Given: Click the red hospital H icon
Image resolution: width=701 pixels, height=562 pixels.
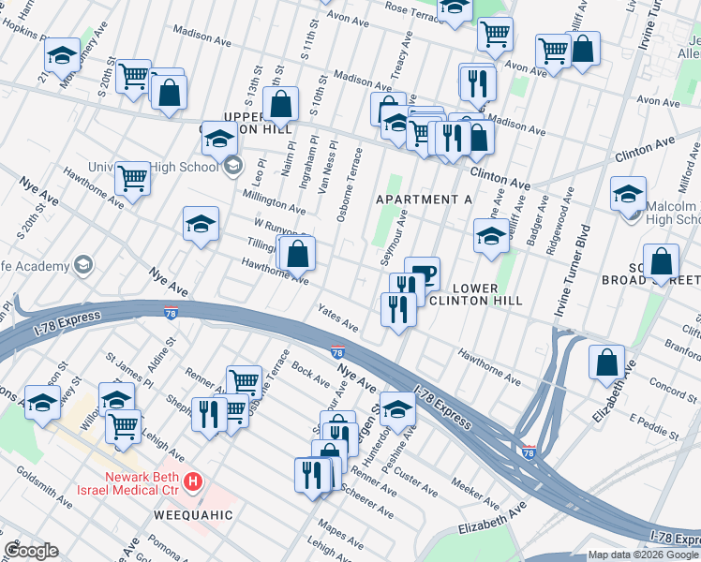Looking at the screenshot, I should point(193,482).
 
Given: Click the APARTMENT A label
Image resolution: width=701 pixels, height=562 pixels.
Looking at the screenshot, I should point(424,200).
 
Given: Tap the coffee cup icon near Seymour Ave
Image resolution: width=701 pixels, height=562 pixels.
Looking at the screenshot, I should point(422,273).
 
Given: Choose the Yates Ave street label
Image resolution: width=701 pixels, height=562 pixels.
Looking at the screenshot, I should point(337,318).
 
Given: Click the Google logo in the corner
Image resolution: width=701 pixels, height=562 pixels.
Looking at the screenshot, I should point(31,551).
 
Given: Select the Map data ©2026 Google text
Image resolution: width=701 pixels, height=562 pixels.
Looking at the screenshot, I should point(644,555).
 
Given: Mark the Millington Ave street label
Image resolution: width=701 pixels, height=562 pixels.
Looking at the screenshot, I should point(274,200).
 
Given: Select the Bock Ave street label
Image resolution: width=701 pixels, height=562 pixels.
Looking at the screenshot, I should point(310,373).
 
